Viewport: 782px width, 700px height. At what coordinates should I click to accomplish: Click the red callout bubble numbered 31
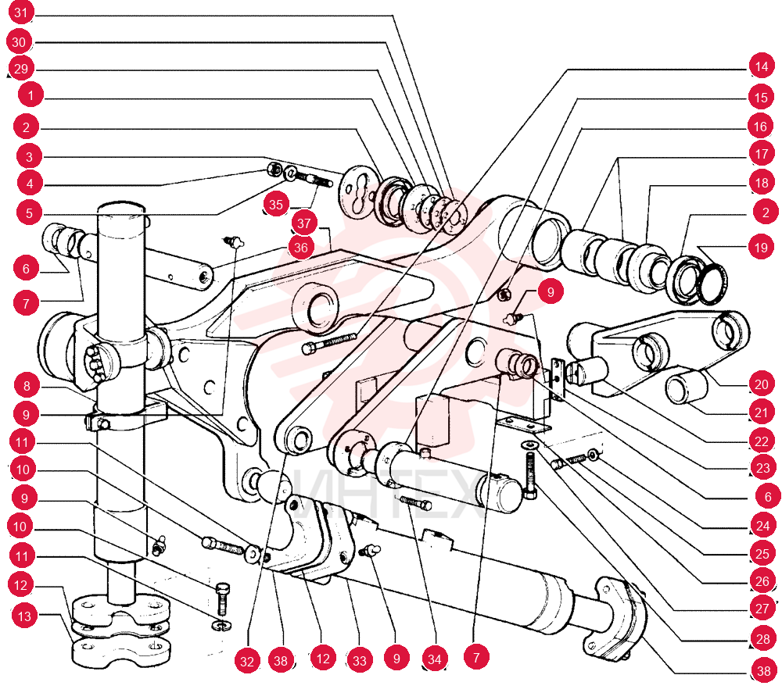tap(21, 12)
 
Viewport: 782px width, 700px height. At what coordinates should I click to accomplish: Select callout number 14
tap(761, 66)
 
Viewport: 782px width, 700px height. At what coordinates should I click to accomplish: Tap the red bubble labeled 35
tap(276, 204)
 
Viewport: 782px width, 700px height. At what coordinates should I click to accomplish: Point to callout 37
tap(304, 223)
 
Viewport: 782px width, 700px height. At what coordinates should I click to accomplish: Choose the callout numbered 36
tap(301, 248)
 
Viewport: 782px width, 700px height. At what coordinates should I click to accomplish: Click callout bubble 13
tap(24, 616)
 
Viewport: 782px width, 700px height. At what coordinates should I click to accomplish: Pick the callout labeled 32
tap(247, 661)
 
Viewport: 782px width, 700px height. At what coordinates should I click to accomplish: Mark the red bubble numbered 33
tap(360, 660)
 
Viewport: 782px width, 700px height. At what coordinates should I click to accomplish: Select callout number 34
tap(434, 659)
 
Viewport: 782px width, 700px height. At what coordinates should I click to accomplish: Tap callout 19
tap(761, 247)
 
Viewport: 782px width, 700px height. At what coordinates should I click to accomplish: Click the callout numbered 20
tap(762, 384)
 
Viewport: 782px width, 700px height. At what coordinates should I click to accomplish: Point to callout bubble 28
tap(763, 638)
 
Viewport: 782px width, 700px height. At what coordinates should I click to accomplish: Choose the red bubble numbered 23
tap(763, 468)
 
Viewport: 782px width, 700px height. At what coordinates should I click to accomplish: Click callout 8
tap(27, 386)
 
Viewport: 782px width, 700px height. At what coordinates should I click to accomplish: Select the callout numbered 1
tap(31, 95)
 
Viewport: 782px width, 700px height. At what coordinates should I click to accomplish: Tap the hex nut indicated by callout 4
tap(274, 169)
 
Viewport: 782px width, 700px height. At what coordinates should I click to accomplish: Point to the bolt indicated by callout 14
tap(330, 342)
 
